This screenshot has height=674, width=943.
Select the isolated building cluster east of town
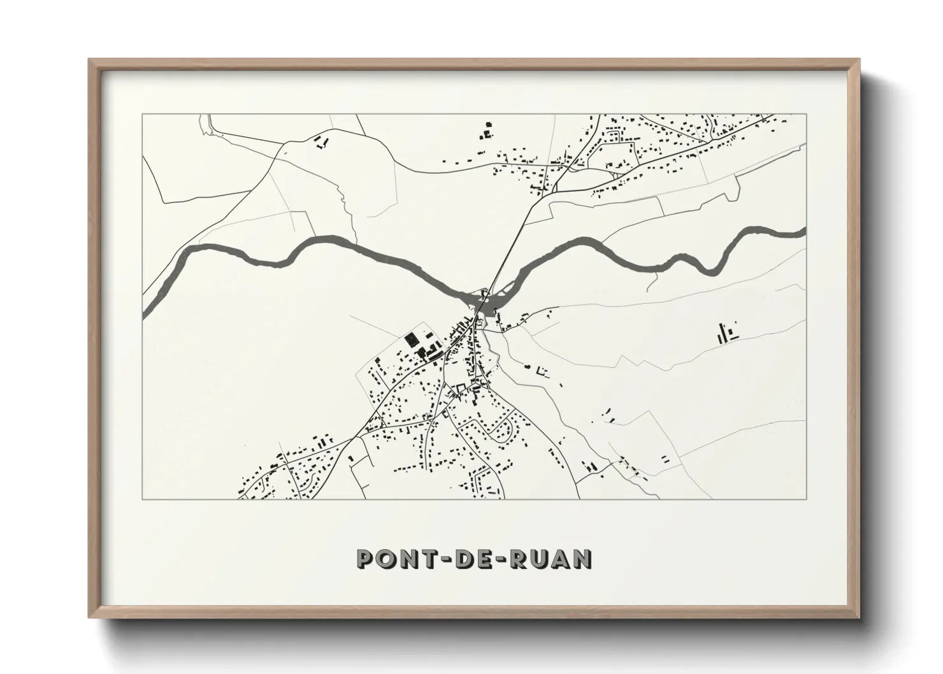(726, 333)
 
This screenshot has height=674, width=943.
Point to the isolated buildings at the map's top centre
(487, 131)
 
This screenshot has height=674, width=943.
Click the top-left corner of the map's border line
(143, 115)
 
